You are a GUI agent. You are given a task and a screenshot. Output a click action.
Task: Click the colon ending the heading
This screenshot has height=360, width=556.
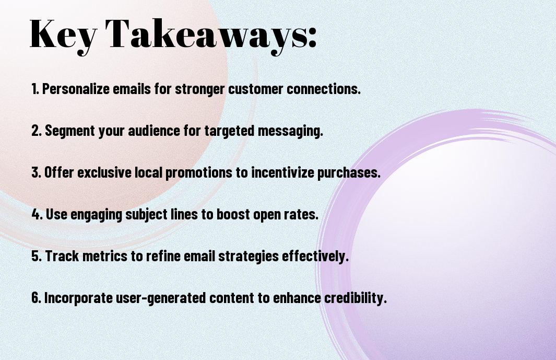[312, 39]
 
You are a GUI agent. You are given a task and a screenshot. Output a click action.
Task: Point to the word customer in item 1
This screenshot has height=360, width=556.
[255, 89]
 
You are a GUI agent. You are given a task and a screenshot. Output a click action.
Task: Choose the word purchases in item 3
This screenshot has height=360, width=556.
[349, 172]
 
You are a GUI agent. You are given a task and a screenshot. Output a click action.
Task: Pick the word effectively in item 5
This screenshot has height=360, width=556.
[315, 256]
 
